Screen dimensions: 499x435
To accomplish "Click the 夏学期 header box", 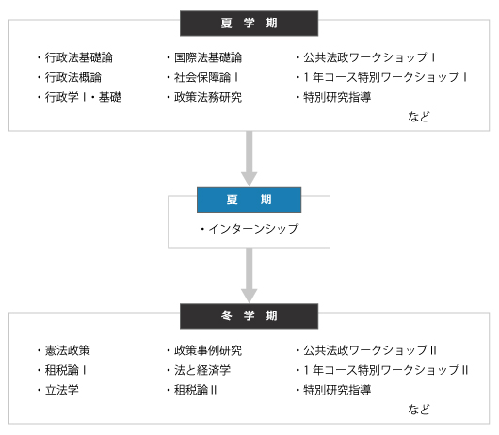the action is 249,24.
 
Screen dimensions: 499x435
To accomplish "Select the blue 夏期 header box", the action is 249,200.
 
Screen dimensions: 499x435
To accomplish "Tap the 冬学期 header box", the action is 249,316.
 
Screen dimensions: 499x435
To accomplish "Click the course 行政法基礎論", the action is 78,57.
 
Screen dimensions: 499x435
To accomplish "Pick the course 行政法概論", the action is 72,77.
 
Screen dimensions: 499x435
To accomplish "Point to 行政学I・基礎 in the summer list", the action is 83,97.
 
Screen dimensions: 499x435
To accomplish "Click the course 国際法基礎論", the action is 208,57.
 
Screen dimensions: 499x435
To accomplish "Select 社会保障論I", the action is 206,77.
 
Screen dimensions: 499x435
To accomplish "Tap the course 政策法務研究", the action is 208,97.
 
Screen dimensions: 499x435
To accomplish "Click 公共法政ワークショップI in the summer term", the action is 369,57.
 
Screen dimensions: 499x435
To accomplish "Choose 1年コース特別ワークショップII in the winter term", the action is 385,370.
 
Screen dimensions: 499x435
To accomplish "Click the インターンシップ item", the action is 253,229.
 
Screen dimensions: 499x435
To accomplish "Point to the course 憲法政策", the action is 68,350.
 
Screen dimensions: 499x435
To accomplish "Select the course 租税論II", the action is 196,390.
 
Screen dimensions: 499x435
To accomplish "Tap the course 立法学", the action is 62,390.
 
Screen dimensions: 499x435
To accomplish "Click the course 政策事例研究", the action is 208,350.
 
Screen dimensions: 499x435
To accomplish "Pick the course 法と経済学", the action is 202,370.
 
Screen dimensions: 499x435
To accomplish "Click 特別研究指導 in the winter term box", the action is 337,390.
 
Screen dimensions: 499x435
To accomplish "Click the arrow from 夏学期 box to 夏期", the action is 249,158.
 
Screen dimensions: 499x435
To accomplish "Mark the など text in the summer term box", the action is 419,117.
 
